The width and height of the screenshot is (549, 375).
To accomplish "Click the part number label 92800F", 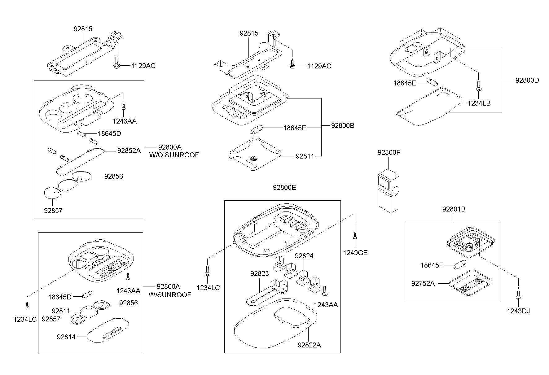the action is pos(389,152).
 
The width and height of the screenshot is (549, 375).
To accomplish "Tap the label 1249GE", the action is pos(355,253).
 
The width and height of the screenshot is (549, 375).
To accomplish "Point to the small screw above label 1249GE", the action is pos(355,236).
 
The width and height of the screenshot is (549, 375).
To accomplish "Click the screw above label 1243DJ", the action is pos(518,295).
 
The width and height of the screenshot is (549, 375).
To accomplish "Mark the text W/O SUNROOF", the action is pos(174,155).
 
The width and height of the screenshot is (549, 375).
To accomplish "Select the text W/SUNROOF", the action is pos(170,295).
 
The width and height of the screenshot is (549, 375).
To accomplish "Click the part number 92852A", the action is pos(129,150).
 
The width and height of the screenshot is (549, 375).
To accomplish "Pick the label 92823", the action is pos(260,274).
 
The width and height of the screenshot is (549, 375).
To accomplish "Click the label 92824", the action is pos(304,256).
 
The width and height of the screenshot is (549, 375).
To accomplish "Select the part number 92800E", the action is pos(284,187).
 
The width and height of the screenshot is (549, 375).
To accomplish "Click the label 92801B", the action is pos(454,209).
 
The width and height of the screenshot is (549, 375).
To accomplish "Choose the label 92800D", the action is pos(527,80).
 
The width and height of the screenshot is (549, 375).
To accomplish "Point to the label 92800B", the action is pos(343,125).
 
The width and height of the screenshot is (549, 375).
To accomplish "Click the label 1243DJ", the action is pos(518,311).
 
